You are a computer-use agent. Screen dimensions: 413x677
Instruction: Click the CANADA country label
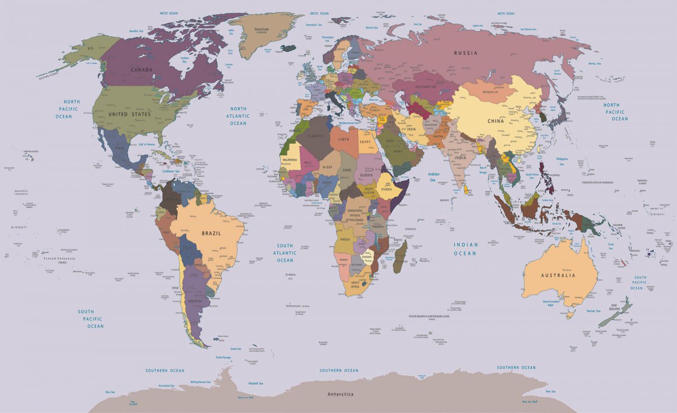point(142,70)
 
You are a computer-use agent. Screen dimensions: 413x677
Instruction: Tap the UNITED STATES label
point(129,114)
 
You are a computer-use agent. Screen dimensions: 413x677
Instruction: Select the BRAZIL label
point(211,233)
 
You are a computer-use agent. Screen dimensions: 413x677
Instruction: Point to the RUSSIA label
point(465,53)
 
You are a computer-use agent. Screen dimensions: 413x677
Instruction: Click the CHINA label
point(495,121)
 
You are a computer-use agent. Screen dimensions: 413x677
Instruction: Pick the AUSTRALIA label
point(558,276)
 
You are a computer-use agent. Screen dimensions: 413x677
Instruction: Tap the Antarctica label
point(340,394)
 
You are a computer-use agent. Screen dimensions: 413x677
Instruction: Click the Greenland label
point(261,30)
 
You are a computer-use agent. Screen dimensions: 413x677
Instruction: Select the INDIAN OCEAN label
point(465,249)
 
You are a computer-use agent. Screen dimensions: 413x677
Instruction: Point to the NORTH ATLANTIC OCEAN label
point(238,116)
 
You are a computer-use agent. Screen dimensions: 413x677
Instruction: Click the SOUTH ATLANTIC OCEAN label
point(285,253)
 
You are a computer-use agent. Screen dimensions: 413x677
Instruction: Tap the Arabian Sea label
point(433,177)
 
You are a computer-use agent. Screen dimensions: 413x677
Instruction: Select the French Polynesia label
point(60,259)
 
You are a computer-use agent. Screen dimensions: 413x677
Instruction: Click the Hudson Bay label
point(184,59)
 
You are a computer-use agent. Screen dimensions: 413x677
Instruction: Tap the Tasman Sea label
point(593,311)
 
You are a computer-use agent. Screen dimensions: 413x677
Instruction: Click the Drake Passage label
point(223,357)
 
